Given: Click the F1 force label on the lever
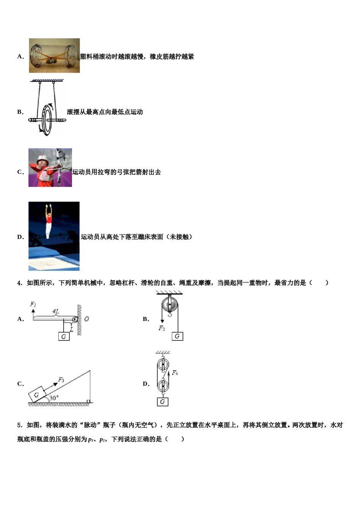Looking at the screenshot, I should pyautogui.click(x=33, y=304).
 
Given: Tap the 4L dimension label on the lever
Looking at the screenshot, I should pyautogui.click(x=56, y=312).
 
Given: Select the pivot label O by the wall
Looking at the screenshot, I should pyautogui.click(x=86, y=319).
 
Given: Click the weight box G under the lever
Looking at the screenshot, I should pyautogui.click(x=64, y=336).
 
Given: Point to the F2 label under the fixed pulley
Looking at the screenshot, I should pyautogui.click(x=162, y=328).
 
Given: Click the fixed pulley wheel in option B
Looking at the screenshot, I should pyautogui.click(x=169, y=304).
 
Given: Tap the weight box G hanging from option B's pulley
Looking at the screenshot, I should pyautogui.click(x=177, y=336).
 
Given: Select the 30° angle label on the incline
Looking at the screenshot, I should pyautogui.click(x=53, y=398).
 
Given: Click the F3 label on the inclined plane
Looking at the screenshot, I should pyautogui.click(x=61, y=379).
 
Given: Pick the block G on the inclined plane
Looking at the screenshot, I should pyautogui.click(x=37, y=395).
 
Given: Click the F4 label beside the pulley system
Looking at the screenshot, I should pyautogui.click(x=175, y=373).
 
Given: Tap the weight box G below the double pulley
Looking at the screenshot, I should pyautogui.click(x=162, y=401).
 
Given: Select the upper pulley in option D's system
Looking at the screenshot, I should pyautogui.click(x=163, y=365).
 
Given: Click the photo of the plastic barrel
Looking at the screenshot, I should pyautogui.click(x=54, y=56).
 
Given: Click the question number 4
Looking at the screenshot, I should pyautogui.click(x=19, y=283).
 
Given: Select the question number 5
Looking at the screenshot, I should pyautogui.click(x=19, y=425).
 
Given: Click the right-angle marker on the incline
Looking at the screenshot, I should pyautogui.click(x=88, y=401).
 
